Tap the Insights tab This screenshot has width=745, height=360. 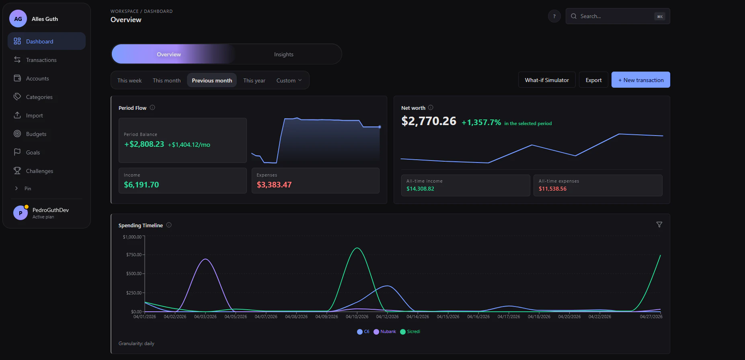tap(284, 54)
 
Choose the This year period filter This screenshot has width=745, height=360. tap(254, 80)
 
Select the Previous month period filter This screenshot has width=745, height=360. tap(212, 80)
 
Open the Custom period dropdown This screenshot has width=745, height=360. tap(289, 80)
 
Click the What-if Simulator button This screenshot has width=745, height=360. tap(547, 80)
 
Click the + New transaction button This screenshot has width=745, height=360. tap(641, 80)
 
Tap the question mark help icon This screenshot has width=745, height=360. tap(554, 16)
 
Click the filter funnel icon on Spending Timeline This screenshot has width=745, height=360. tap(659, 224)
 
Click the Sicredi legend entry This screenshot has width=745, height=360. tap(410, 332)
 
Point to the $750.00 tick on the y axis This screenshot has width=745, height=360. tap(134, 255)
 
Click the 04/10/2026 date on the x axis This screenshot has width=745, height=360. tap(357, 317)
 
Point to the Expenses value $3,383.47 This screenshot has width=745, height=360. tap(274, 185)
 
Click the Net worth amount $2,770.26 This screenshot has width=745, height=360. tap(429, 121)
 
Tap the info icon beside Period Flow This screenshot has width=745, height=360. tap(152, 107)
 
